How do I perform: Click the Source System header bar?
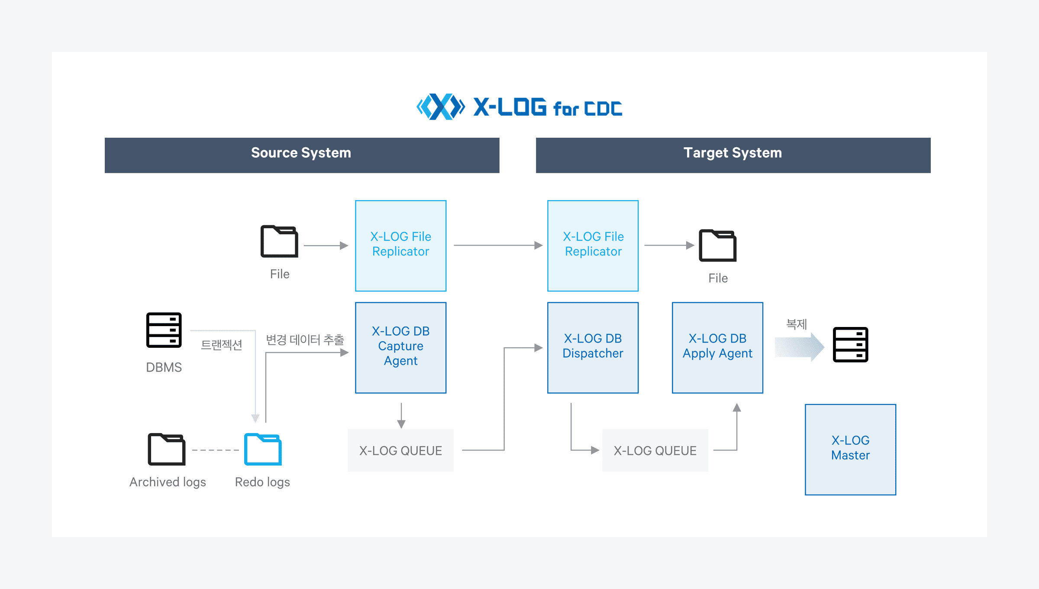click(x=302, y=155)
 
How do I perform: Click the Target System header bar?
click(x=733, y=155)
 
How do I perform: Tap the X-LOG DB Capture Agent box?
click(x=400, y=347)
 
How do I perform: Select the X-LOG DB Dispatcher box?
click(x=593, y=347)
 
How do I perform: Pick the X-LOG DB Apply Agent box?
click(x=717, y=347)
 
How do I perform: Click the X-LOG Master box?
click(x=850, y=449)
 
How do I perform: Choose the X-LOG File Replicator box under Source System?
click(x=400, y=245)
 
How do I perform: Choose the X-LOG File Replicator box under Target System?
click(x=593, y=245)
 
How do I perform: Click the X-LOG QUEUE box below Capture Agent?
click(x=400, y=450)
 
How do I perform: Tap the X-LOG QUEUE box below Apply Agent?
click(x=655, y=450)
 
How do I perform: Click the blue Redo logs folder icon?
click(x=263, y=449)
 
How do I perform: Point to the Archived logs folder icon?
click(x=167, y=449)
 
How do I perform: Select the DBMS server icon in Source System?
click(x=164, y=330)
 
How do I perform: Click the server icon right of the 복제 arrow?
click(x=850, y=344)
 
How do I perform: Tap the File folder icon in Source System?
click(x=279, y=241)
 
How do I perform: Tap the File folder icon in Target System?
click(x=717, y=246)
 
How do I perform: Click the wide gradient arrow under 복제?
click(x=799, y=346)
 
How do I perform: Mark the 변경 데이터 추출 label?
click(x=305, y=340)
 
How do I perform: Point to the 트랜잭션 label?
click(x=221, y=345)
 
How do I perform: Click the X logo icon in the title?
click(x=440, y=107)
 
